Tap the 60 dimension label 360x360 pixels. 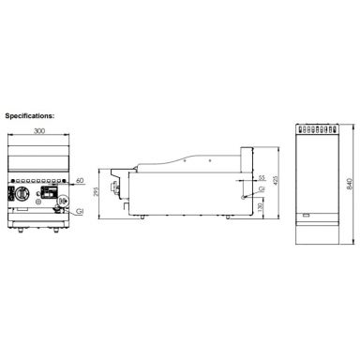point(80,179)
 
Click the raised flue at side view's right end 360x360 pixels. point(247,159)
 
